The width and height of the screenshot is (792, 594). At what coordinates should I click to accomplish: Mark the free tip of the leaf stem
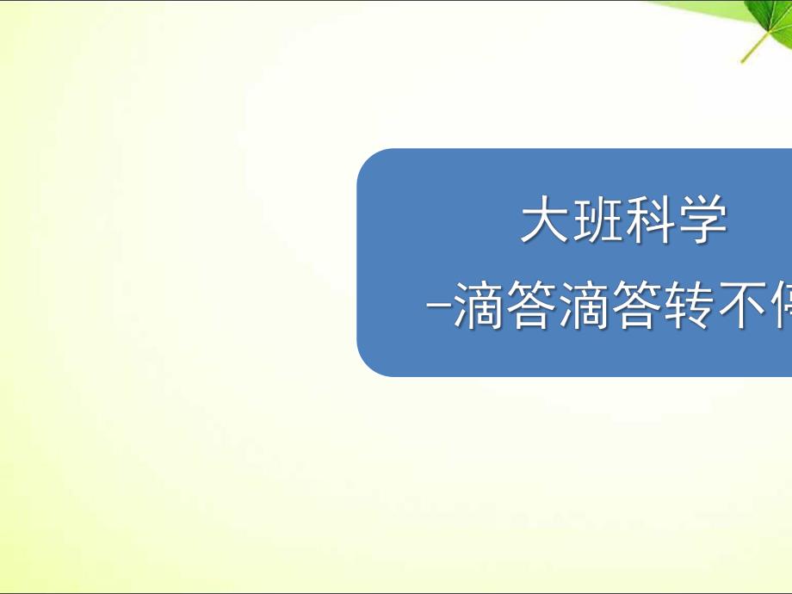[741, 62]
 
